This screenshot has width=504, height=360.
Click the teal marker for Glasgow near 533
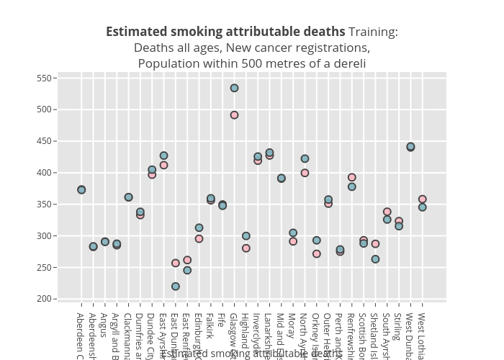click(x=234, y=88)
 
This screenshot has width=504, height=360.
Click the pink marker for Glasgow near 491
click(x=234, y=115)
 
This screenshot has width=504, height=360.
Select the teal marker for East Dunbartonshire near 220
click(x=176, y=287)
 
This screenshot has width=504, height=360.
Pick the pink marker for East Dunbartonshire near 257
click(x=176, y=263)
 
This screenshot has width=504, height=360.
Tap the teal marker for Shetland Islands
click(x=375, y=259)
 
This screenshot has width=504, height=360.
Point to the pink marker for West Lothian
click(x=423, y=199)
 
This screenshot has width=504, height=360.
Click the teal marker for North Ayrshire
click(x=305, y=158)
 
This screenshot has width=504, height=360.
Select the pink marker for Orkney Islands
click(x=317, y=254)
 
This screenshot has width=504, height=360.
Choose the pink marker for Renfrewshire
click(x=352, y=177)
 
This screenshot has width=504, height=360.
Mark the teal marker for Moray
click(x=293, y=233)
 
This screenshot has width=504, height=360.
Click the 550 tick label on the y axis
click(x=47, y=78)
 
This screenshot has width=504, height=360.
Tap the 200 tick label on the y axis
click(x=47, y=299)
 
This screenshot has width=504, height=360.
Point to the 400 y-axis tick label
click(x=47, y=173)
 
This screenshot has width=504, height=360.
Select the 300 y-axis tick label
click(x=47, y=236)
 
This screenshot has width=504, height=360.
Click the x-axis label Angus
click(x=104, y=325)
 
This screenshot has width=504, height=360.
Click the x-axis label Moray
click(x=292, y=325)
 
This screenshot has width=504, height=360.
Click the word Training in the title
click(x=373, y=32)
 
